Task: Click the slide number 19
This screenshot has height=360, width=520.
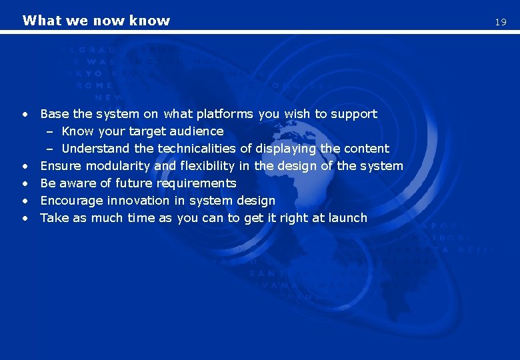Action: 500,22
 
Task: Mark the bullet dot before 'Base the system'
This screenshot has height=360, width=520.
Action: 25,115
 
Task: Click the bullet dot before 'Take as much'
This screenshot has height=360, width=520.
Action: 25,219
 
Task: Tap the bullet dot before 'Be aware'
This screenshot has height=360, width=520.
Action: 25,184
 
